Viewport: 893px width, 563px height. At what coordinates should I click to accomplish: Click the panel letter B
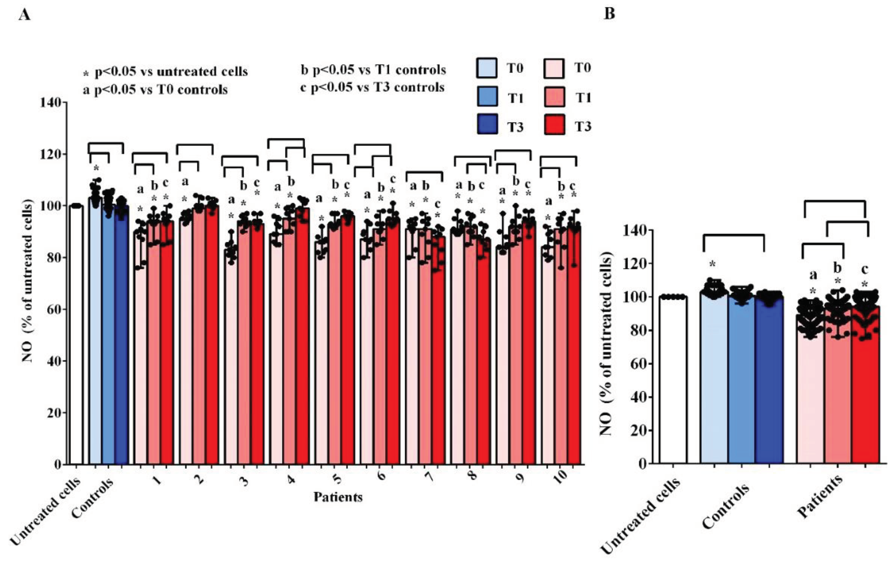609,14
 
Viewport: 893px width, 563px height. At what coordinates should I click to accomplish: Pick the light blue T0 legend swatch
486,68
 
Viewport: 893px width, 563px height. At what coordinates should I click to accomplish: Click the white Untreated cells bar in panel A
77,334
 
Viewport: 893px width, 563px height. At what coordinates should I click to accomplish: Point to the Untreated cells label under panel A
45,511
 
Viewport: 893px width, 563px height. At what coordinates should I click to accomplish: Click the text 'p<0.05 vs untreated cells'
171,71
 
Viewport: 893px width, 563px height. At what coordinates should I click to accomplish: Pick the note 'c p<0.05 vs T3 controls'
372,88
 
